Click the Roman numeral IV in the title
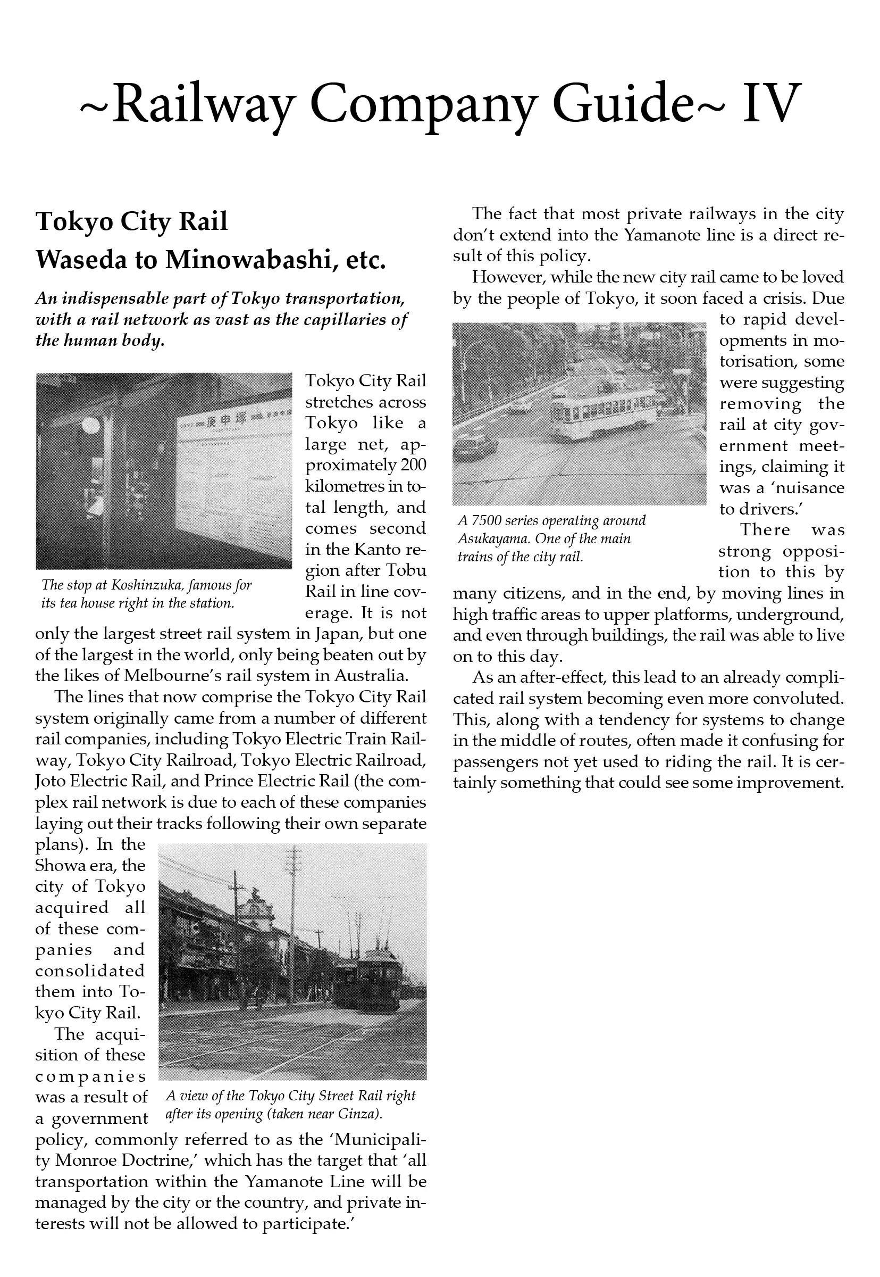(770, 103)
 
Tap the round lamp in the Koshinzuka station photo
(90, 426)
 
